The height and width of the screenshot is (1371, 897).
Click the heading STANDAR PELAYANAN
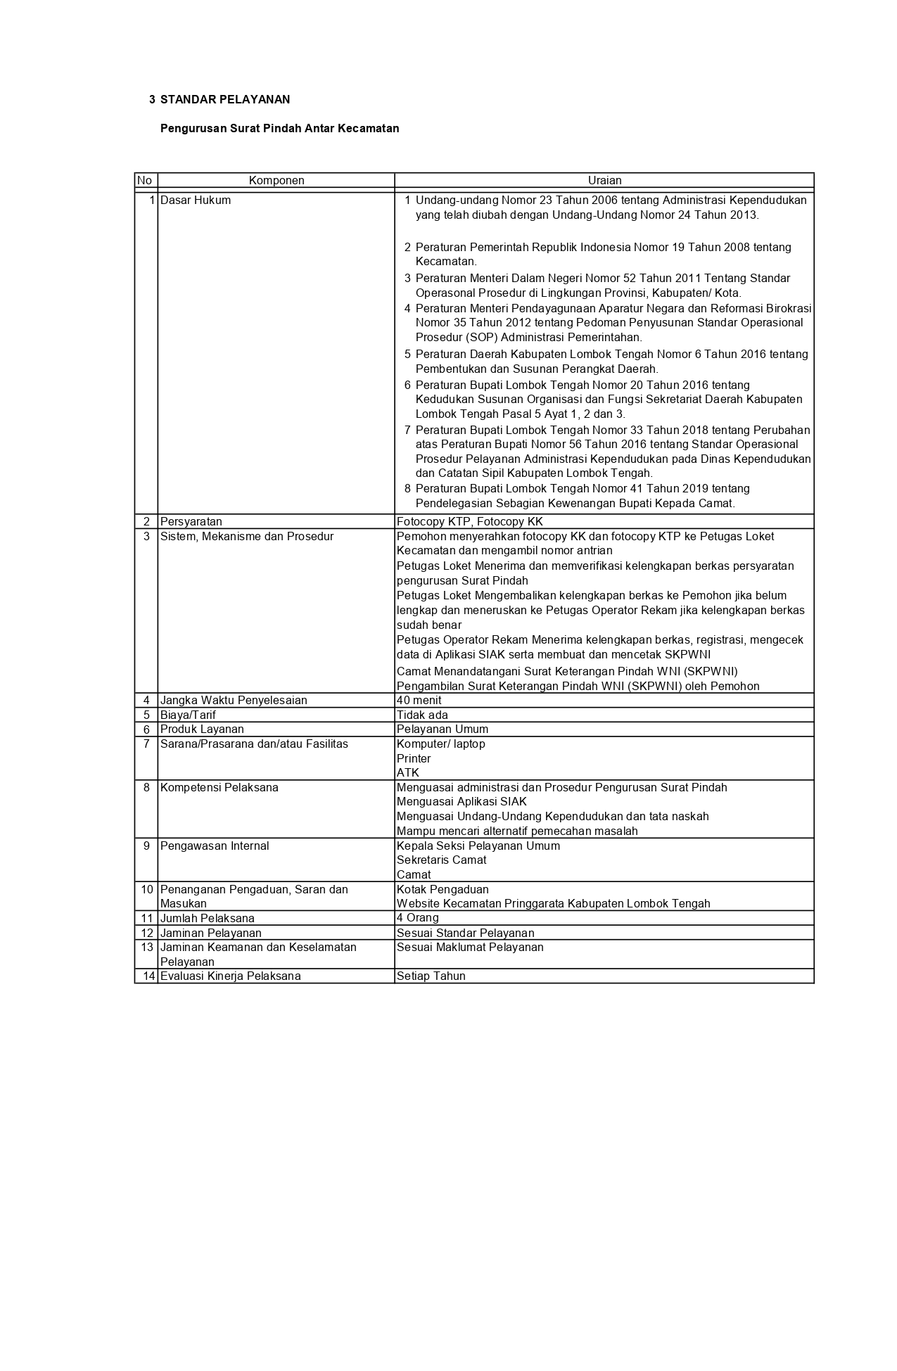[224, 100]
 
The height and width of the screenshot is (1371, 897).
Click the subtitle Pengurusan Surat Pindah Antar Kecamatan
[279, 129]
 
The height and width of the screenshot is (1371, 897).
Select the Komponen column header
[276, 181]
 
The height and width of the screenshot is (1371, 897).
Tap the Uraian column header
[604, 181]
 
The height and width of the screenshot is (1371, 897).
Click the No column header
[145, 181]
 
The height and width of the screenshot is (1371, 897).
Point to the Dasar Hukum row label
[196, 200]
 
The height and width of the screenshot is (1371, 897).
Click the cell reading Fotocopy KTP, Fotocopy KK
[469, 522]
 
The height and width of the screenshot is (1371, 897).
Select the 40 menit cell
[419, 701]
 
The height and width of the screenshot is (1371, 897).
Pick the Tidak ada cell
[422, 715]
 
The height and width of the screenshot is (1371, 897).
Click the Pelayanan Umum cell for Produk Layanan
[442, 729]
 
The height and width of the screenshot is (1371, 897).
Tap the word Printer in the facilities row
[414, 759]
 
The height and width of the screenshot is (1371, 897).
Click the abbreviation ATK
[408, 773]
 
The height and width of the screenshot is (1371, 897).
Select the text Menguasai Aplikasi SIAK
[462, 802]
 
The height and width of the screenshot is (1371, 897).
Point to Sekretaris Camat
[441, 860]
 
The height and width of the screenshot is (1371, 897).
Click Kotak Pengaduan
[443, 890]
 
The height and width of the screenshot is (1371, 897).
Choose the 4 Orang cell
[418, 918]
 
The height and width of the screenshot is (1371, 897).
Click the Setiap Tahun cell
[431, 976]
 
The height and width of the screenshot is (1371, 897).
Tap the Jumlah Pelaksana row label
[207, 919]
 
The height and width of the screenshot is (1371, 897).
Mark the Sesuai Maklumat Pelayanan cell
[470, 948]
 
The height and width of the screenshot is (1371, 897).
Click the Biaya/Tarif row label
[188, 715]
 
